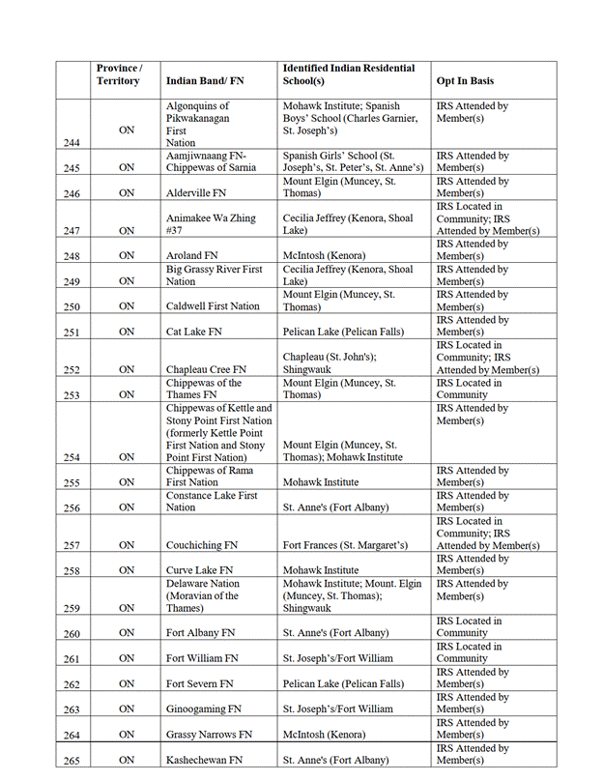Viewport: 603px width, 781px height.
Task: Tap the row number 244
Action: (71, 143)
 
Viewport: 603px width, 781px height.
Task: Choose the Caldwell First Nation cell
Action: (213, 306)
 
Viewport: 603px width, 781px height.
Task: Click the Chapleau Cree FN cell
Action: (206, 369)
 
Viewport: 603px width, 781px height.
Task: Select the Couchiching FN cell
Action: (203, 546)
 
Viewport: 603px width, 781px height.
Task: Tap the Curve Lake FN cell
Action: (200, 571)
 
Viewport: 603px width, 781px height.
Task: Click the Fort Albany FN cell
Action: (201, 633)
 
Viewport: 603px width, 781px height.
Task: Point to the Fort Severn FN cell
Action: (200, 683)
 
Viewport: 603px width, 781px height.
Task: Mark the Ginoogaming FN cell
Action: (204, 709)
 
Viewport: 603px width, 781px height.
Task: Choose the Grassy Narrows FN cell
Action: (210, 735)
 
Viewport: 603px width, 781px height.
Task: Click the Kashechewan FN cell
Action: (204, 760)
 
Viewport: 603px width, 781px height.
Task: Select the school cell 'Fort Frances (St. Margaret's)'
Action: (349, 546)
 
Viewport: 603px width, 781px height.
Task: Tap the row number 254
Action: (71, 457)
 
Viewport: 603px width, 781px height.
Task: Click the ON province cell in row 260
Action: (127, 633)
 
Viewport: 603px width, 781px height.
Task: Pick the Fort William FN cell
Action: (202, 658)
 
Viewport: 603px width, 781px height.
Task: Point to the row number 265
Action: (71, 761)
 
